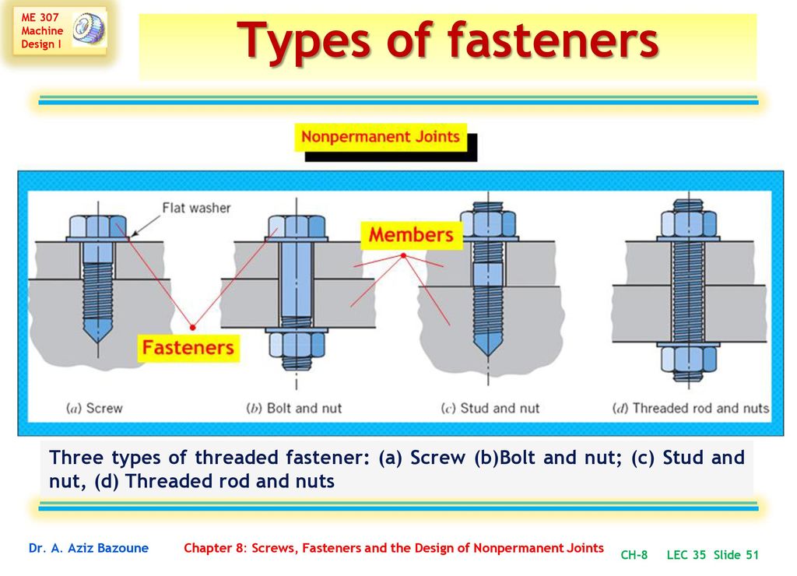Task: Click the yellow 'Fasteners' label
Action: [x=188, y=348]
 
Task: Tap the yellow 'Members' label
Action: [x=411, y=235]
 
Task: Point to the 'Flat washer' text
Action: [x=196, y=208]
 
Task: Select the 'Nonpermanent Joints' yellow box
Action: [x=380, y=137]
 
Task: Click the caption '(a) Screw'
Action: [x=94, y=408]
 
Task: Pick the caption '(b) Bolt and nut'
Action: [x=293, y=408]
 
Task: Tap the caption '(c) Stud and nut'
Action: [x=490, y=408]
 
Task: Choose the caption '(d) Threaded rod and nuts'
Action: [x=691, y=408]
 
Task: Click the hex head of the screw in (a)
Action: [x=97, y=227]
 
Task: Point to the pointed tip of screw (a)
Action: [x=98, y=342]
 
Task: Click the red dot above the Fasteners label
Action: [x=193, y=327]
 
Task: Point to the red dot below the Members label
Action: [x=403, y=256]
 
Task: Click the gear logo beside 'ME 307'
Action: [x=89, y=29]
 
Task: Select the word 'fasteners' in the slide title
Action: [x=553, y=40]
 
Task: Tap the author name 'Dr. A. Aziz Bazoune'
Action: [x=89, y=548]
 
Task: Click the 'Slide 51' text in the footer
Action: [x=736, y=555]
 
